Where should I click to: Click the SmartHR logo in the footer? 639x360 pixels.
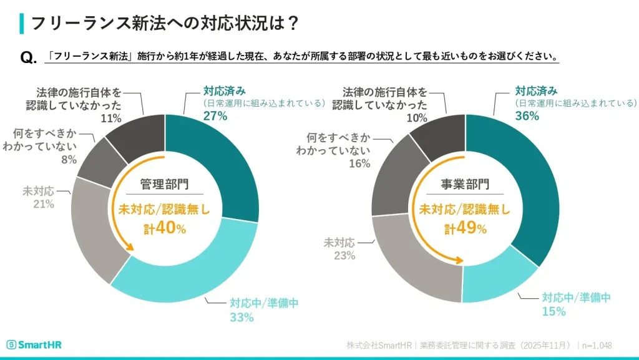click(x=34, y=345)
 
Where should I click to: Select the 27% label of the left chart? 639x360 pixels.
click(x=215, y=115)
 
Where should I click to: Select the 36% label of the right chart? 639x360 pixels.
click(x=526, y=115)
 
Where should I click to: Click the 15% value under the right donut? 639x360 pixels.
click(x=553, y=311)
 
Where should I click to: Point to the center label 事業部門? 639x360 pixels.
click(x=465, y=185)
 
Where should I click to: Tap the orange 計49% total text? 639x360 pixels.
click(x=465, y=228)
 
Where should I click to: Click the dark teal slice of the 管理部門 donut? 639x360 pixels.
click(x=218, y=162)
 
